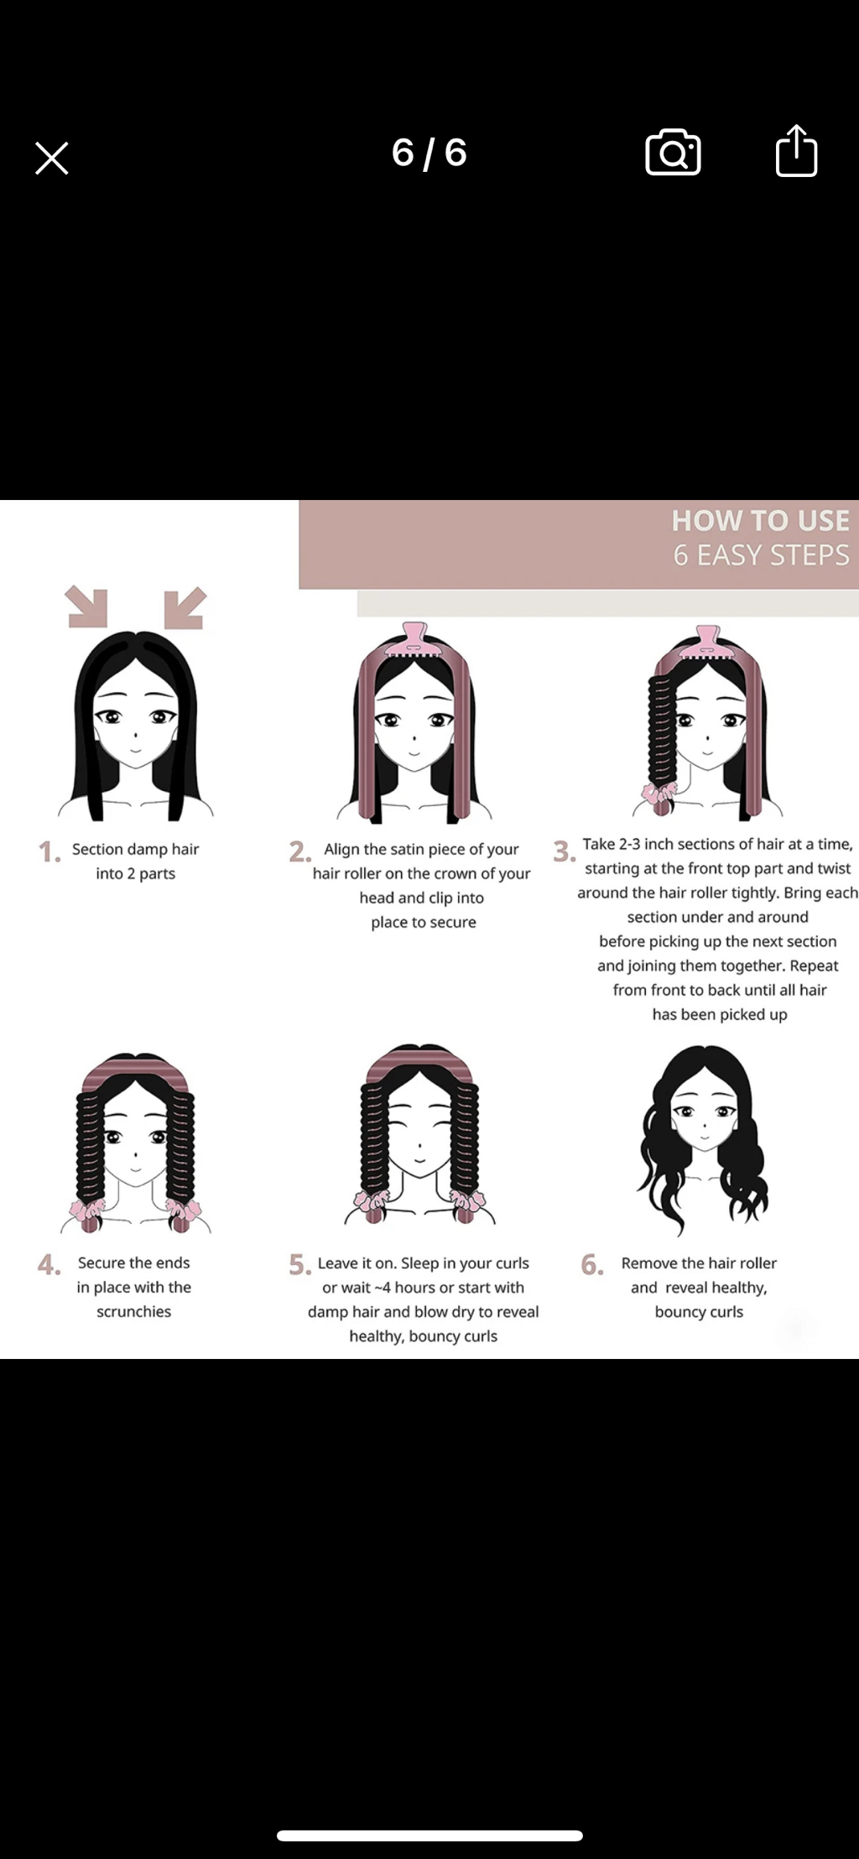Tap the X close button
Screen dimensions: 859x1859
(52, 158)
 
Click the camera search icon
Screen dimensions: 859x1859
(673, 153)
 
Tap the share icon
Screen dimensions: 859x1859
(796, 151)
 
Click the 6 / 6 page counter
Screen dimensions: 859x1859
(429, 153)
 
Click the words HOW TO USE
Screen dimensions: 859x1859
(760, 521)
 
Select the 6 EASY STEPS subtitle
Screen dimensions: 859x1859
(761, 555)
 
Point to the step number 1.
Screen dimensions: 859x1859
(49, 852)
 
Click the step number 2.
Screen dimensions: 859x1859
(299, 852)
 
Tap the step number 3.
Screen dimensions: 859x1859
(564, 851)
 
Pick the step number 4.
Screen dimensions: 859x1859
(49, 1265)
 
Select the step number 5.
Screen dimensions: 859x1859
(299, 1265)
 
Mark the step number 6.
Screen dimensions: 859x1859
(592, 1265)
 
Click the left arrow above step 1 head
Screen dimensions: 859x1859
(87, 607)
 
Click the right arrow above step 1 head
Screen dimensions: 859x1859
(185, 607)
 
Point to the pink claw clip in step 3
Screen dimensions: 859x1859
(707, 642)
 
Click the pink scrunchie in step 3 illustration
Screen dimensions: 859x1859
(659, 793)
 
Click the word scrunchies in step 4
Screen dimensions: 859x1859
(133, 1311)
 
